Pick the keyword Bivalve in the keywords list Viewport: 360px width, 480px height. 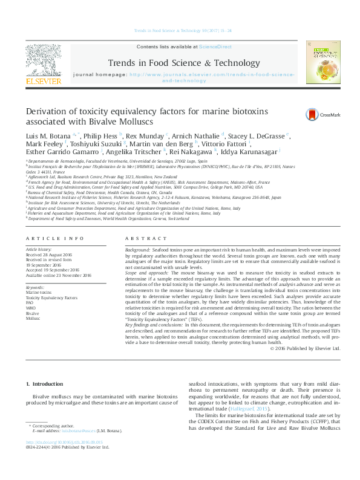pyautogui.click(x=32, y=314)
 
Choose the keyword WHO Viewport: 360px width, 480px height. pyautogui.click(x=31, y=308)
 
